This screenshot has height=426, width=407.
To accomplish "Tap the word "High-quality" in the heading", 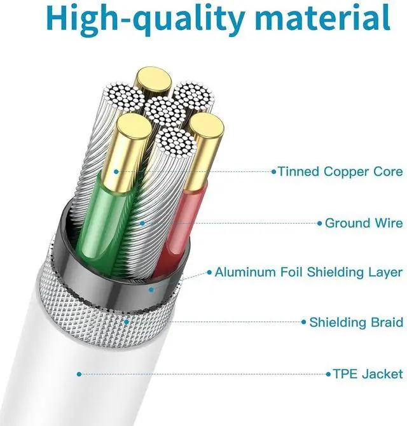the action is [146, 20].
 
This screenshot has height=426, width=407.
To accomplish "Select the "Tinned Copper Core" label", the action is [340, 172].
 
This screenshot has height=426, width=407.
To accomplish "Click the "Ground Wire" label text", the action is [364, 224].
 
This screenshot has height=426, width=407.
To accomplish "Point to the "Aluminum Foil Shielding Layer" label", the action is [308, 273].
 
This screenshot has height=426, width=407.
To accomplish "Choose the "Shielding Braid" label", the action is [356, 322].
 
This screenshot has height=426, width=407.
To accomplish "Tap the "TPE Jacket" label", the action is [368, 374].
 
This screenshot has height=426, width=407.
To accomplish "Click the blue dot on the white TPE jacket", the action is [79, 374].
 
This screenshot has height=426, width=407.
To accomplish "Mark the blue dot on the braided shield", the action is [127, 322].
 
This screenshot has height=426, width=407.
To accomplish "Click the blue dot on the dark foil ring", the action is [151, 290].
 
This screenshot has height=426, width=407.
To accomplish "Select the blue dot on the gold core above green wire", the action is [116, 172].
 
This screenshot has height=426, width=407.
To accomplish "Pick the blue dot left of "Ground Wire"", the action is [320, 224].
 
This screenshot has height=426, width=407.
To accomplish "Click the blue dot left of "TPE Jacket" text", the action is [328, 374].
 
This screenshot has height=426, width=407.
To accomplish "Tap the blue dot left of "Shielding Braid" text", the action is [304, 322].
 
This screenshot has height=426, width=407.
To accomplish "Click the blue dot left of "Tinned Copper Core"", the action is [274, 172].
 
